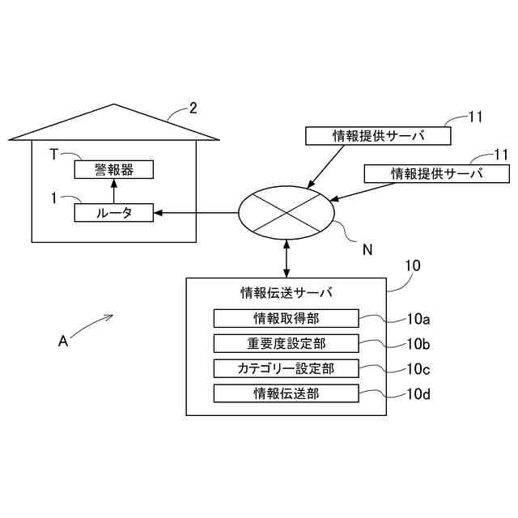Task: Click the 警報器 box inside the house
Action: point(113,169)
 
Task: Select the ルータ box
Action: point(113,213)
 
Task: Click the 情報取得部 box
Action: point(286,317)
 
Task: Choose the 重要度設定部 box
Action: point(286,342)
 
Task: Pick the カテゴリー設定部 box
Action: point(286,368)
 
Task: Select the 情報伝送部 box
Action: point(286,393)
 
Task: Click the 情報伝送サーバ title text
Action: point(287,292)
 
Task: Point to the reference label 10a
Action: point(418,319)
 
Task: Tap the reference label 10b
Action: point(418,344)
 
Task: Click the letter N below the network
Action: point(367,250)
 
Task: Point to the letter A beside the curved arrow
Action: point(63,342)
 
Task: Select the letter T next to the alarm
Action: point(53,155)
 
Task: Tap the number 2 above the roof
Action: point(193,108)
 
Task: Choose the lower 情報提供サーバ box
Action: point(437,173)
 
